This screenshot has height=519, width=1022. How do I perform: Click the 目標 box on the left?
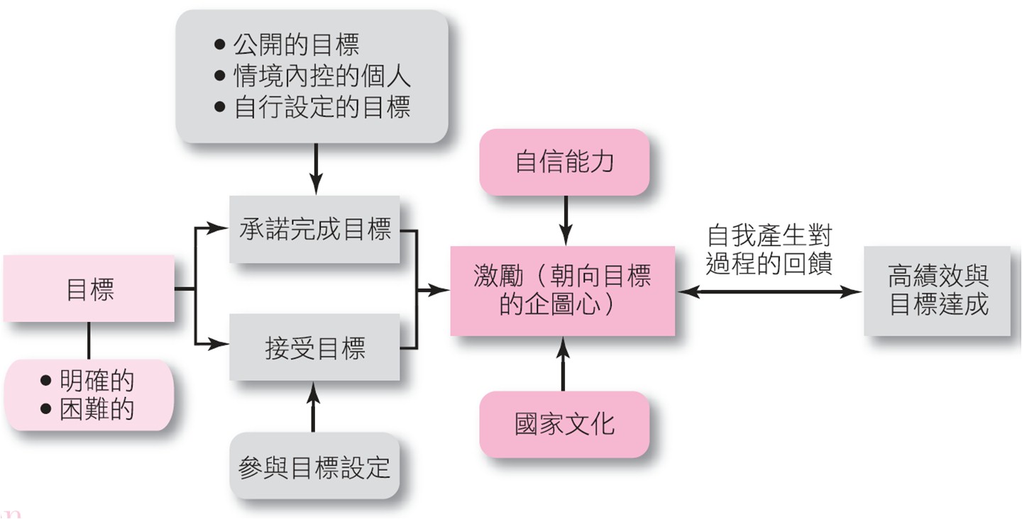[89, 289]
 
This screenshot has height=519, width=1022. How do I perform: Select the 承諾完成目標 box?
[314, 229]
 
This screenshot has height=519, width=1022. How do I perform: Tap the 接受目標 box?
[314, 347]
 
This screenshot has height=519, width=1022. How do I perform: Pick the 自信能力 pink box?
[564, 162]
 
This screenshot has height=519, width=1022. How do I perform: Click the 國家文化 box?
[564, 424]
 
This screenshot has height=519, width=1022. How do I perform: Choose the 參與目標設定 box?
[314, 466]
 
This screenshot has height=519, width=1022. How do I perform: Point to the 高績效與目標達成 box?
[937, 291]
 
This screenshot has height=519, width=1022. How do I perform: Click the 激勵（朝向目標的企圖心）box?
[563, 291]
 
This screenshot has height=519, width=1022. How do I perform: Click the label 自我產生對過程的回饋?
[769, 250]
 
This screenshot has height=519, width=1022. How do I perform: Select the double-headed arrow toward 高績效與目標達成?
[769, 291]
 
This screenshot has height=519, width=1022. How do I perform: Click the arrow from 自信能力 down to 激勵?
[566, 221]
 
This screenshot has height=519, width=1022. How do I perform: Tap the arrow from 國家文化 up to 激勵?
[563, 364]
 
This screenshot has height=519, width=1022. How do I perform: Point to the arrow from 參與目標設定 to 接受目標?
[313, 407]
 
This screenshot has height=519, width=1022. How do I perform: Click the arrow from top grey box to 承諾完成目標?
[316, 169]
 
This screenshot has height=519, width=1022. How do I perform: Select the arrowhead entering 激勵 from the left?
[439, 290]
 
